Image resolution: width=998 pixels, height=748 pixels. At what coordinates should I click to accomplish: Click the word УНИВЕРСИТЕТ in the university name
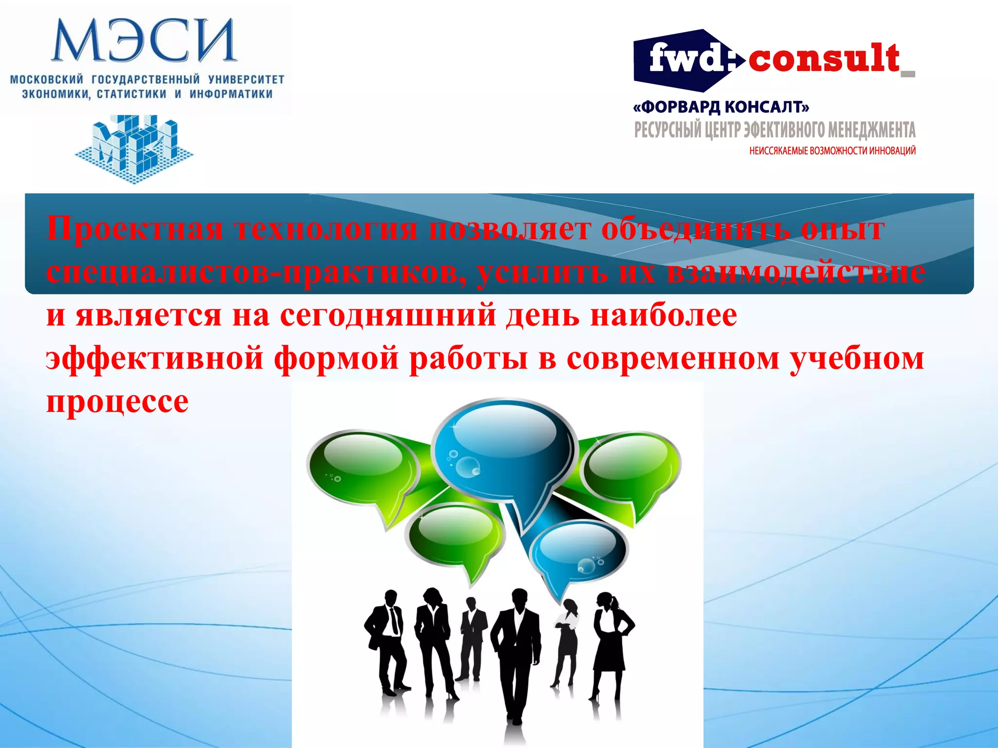246,79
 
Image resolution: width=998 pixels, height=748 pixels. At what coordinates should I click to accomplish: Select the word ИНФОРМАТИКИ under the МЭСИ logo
230,94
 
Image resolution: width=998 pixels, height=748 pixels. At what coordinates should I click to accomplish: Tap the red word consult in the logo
824,59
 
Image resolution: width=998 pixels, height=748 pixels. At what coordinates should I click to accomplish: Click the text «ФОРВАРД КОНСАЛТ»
721,107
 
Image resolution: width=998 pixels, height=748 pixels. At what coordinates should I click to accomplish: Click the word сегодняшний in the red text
388,315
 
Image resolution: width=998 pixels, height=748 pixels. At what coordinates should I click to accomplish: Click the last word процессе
117,401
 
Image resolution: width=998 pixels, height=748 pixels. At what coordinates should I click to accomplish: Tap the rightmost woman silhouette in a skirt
609,643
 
